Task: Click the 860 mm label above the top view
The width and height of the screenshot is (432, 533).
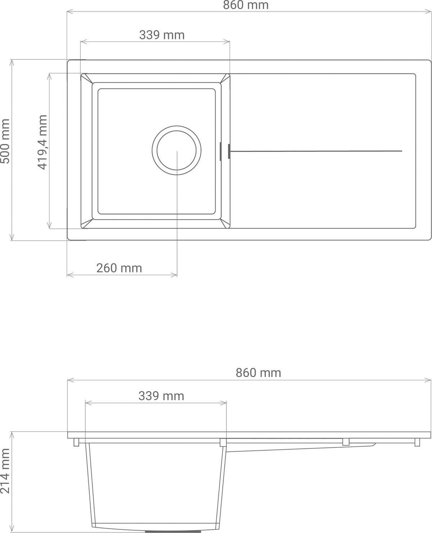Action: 246,5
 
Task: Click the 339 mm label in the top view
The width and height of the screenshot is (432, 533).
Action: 162,35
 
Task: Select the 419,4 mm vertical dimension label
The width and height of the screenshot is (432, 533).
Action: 42,142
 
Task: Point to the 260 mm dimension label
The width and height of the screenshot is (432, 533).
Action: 119,268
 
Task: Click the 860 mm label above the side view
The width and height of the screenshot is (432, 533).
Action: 258,372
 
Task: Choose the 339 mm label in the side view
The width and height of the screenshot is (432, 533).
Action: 161,396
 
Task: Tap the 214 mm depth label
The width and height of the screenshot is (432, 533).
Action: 5,471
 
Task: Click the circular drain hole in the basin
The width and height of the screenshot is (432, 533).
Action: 176,150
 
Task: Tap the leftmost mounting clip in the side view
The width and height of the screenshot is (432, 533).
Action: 76,442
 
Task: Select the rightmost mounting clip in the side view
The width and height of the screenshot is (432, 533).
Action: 417,442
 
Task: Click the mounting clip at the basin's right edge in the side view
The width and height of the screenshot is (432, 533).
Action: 223,442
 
